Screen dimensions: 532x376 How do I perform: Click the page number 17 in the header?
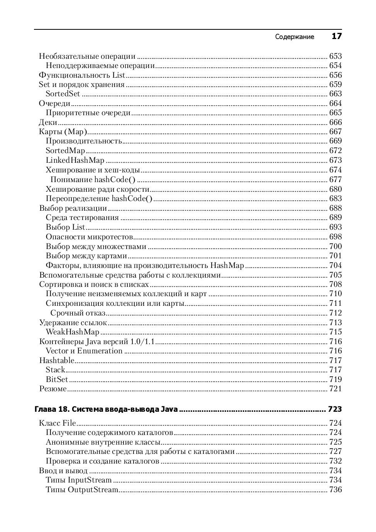(337, 36)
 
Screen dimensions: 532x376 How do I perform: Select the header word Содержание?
(295, 37)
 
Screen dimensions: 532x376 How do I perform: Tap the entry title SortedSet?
(63, 94)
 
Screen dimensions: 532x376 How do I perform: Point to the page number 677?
(335, 179)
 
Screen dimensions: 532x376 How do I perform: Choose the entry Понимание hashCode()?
(93, 179)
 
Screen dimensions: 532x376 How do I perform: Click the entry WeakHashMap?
(73, 332)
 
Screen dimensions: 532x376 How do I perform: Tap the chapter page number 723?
(335, 409)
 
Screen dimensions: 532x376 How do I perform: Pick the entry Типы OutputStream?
(82, 490)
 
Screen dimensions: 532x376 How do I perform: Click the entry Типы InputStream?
(79, 480)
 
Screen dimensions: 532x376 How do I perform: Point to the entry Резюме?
(53, 389)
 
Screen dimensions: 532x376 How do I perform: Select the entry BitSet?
(57, 380)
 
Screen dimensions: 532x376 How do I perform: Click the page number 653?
(335, 56)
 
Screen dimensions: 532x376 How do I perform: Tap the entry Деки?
(48, 123)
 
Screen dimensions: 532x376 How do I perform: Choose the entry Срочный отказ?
(78, 313)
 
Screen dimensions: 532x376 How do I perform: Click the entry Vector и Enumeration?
(84, 351)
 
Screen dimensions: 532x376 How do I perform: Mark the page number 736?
(335, 490)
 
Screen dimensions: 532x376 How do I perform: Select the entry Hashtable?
(57, 361)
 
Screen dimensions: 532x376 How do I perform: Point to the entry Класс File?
(58, 423)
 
